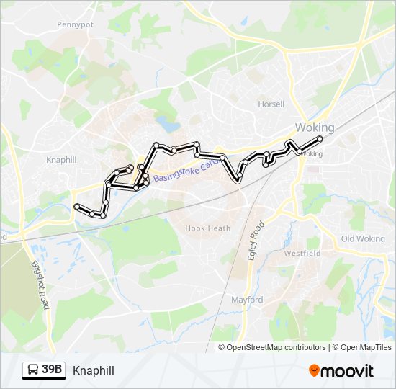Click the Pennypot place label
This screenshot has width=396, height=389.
(x=76, y=24)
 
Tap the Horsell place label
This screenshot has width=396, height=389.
(x=271, y=104)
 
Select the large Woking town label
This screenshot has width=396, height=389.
(x=315, y=128)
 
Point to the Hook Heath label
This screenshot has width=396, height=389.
(x=208, y=228)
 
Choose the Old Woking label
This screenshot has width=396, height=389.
(x=363, y=238)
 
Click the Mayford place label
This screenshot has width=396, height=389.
(x=247, y=300)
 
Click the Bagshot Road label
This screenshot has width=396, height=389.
(x=40, y=285)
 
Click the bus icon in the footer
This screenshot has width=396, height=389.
(x=34, y=370)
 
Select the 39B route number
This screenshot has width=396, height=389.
(x=52, y=370)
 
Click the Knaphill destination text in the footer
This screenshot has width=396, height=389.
(x=94, y=370)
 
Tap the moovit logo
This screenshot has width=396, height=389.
(x=341, y=370)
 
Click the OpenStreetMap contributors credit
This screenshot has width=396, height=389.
(x=276, y=347)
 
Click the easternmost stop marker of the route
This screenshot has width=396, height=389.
(x=320, y=138)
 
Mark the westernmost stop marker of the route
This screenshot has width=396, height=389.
(x=76, y=207)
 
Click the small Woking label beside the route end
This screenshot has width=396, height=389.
(x=312, y=153)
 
